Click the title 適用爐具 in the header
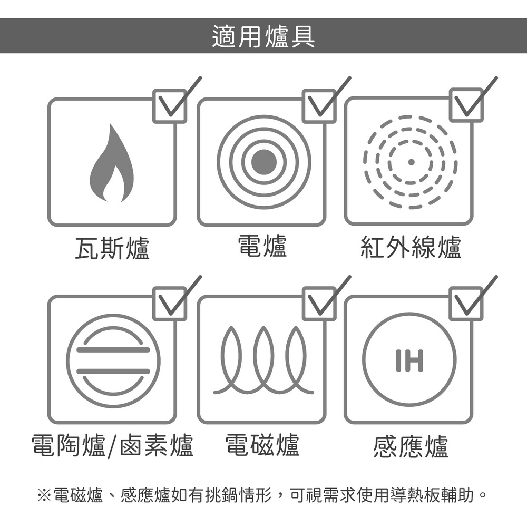coord(263,36)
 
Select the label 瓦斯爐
coord(112,248)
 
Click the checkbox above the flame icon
coord(170,106)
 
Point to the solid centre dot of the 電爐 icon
coord(264,162)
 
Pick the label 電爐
coord(262,246)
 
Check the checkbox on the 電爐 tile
coord(319,106)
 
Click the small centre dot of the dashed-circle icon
coord(411,162)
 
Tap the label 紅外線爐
coord(411,247)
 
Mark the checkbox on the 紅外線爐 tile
coord(466,105)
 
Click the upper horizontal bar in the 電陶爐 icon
coord(113,350)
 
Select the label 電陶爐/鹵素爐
coord(112,446)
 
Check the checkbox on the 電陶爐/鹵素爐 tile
coord(170,304)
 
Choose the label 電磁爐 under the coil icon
coord(262,445)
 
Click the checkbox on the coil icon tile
coord(319,304)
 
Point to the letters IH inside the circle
coord(409,360)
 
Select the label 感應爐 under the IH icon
coord(411,446)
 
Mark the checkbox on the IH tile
coord(466,304)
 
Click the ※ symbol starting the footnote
coord(44,495)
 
